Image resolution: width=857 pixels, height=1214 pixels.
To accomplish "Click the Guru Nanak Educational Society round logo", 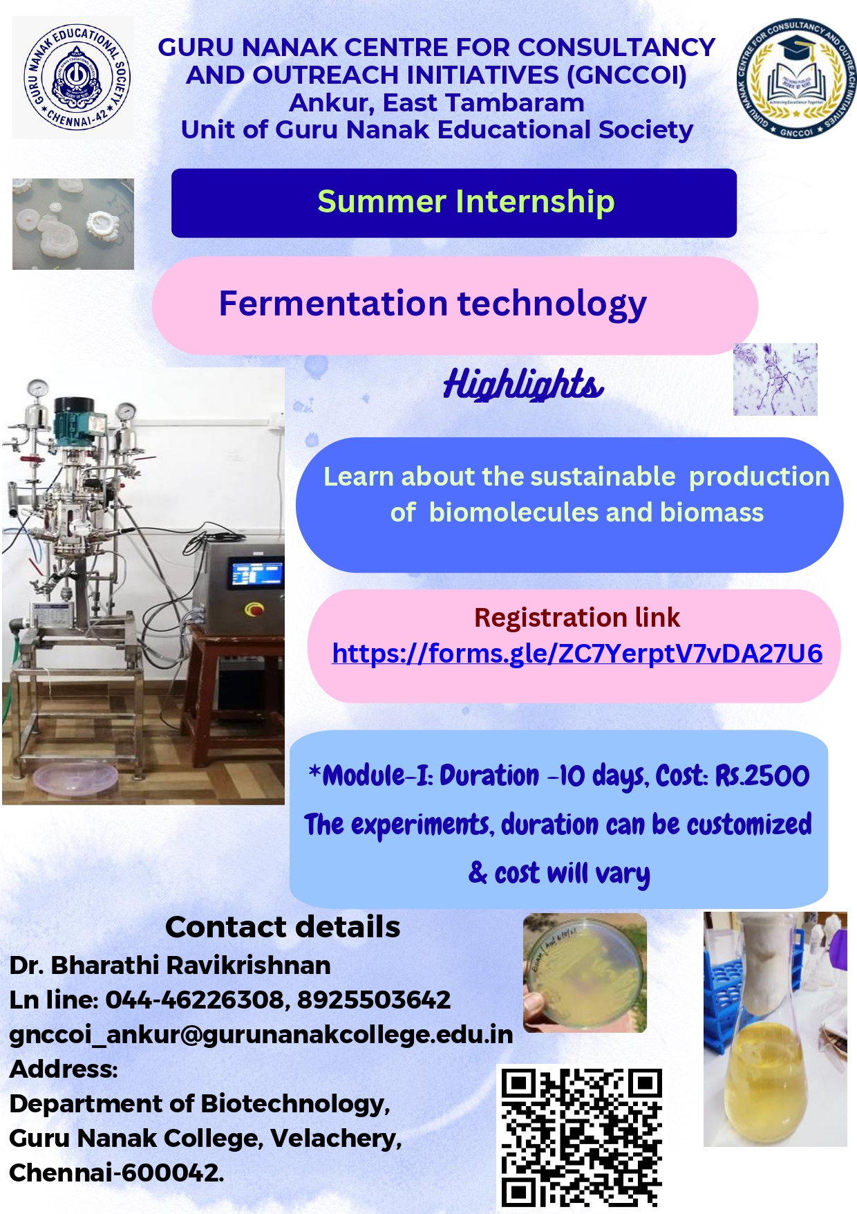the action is tap(76, 77).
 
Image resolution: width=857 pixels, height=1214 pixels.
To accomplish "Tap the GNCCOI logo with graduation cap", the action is tap(795, 77).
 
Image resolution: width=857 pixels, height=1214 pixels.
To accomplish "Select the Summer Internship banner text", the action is tap(466, 202).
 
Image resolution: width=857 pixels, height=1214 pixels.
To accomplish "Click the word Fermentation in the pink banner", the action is tap(333, 303).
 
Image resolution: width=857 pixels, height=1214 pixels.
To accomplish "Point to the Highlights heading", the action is tap(523, 384).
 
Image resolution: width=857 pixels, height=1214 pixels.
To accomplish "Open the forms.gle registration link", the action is tap(577, 654).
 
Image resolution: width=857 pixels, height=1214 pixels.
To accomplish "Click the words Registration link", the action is tap(577, 617).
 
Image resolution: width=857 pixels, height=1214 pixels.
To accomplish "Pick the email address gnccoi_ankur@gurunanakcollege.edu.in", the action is tap(261, 1035).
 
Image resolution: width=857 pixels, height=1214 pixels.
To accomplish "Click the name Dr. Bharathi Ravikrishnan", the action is tap(170, 965).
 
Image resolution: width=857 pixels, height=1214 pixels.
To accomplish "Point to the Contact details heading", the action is tap(283, 927).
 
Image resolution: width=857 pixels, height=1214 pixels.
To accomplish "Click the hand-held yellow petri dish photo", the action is tap(585, 973).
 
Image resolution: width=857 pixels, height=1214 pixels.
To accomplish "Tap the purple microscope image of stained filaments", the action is tap(775, 379).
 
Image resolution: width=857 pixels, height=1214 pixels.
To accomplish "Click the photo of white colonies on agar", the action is tap(73, 224).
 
